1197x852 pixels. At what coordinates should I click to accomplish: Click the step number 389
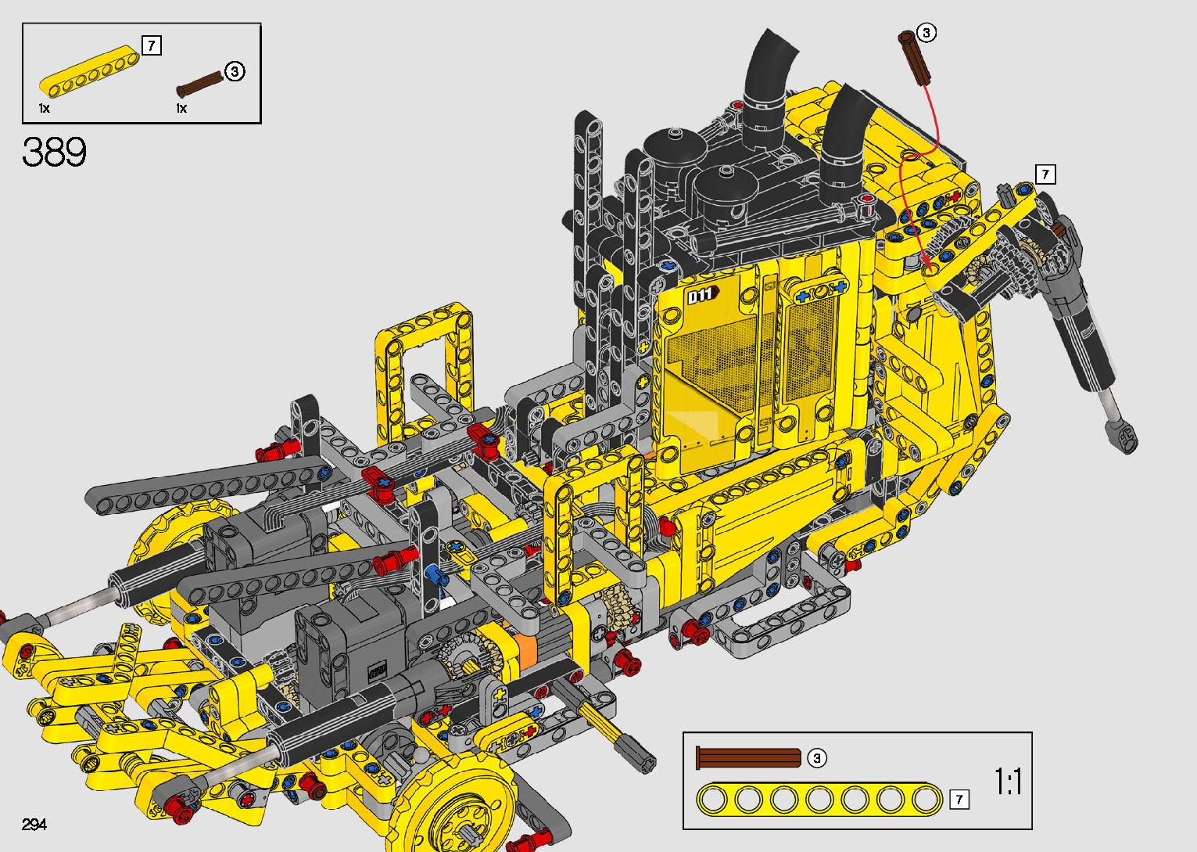[54, 152]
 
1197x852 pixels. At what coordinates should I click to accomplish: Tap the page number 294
[34, 824]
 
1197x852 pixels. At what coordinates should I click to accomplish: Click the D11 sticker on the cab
[702, 295]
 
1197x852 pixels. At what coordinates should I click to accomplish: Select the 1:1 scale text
[1008, 782]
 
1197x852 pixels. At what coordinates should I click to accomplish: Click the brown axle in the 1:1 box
[748, 758]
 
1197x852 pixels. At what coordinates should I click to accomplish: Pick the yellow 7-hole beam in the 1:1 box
[819, 800]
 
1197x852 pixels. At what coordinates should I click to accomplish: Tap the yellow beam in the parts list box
[90, 72]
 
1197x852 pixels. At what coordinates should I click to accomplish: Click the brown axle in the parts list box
[200, 84]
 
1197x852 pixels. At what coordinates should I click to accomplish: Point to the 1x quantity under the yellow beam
[45, 108]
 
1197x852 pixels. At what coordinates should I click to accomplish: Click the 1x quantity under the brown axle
[181, 108]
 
